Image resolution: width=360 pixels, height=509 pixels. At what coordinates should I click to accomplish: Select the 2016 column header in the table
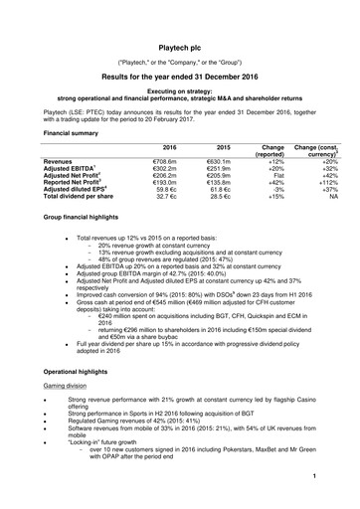point(155,146)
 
